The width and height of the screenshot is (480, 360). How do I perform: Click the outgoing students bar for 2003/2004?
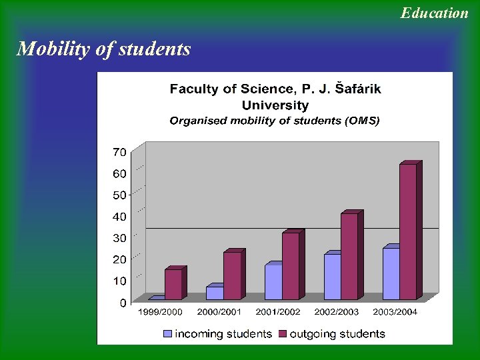[x=408, y=231]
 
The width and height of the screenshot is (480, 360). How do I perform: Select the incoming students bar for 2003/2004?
[x=391, y=273]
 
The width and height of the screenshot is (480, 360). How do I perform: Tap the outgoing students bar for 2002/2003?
[x=349, y=256]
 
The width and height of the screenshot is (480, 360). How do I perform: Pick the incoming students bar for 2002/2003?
[x=332, y=277]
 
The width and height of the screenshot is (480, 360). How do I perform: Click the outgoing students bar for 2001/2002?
[x=291, y=265]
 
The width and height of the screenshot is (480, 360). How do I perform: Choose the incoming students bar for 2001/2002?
[x=273, y=281]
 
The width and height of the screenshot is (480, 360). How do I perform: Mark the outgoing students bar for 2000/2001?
[x=232, y=275]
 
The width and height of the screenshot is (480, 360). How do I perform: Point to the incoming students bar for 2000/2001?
[x=215, y=293]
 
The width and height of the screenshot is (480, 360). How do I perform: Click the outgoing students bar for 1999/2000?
[x=173, y=284]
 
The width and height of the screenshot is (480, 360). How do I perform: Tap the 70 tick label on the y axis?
[x=119, y=152]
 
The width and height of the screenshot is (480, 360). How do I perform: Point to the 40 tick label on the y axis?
[x=119, y=217]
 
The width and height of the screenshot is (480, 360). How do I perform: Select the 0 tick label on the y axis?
[x=123, y=303]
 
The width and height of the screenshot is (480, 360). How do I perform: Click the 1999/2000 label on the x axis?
[x=160, y=312]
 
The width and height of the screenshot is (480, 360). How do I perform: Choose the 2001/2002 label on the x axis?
[x=278, y=312]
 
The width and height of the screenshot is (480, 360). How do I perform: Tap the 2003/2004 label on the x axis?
[x=395, y=312]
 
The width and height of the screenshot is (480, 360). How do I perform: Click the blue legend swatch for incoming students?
[x=167, y=333]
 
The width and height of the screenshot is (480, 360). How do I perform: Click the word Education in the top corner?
[x=434, y=13]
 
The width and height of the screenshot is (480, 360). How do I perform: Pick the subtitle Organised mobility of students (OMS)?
[x=274, y=121]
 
